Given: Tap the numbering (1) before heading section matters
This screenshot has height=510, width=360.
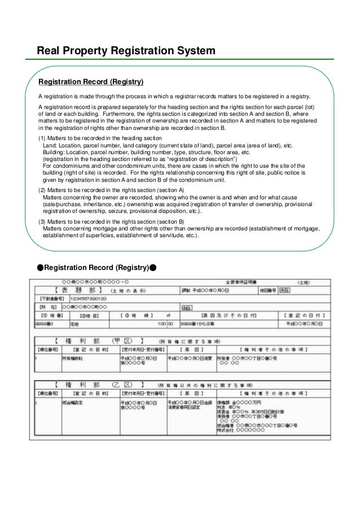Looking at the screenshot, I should (x=42, y=138).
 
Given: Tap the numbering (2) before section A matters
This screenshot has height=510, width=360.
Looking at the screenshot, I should (x=42, y=190).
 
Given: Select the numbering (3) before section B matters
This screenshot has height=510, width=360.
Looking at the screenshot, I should (x=42, y=221).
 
